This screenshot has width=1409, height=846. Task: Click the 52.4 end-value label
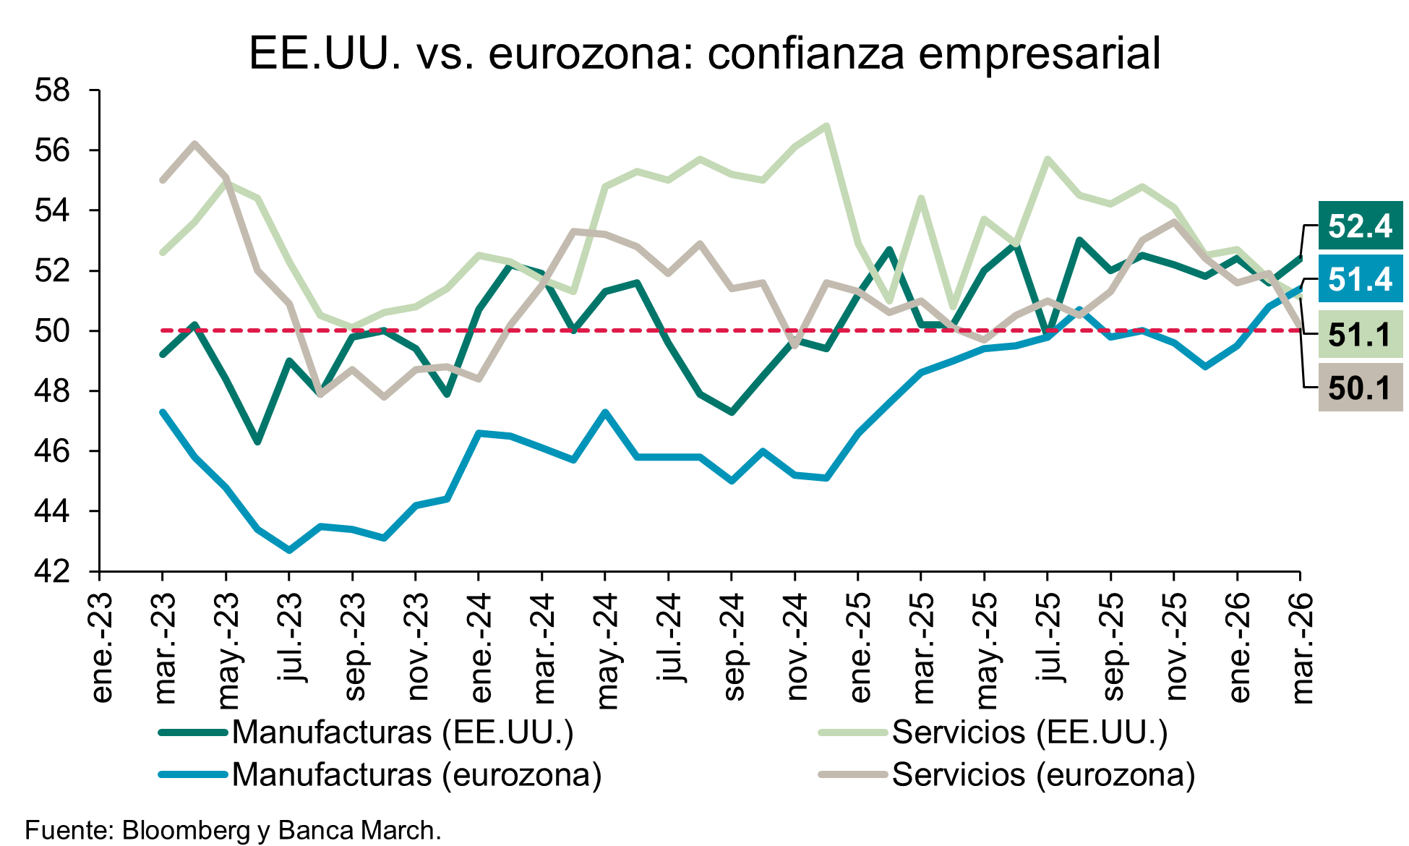tap(1360, 226)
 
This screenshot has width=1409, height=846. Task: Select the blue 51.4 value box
tap(1360, 279)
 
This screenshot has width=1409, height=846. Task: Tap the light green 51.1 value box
tap(1360, 335)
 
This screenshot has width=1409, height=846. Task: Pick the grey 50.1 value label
tap(1360, 388)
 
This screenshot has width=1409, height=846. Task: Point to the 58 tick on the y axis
tap(53, 91)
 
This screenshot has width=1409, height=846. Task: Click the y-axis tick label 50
tap(53, 331)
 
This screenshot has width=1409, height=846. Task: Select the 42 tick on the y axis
tap(53, 571)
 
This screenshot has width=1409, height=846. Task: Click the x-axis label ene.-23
tap(102, 648)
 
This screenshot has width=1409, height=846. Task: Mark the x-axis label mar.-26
tap(1302, 648)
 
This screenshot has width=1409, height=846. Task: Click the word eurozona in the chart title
tap(584, 54)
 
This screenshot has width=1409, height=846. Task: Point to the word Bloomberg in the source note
tap(185, 830)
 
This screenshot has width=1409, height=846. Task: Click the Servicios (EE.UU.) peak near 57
tap(826, 126)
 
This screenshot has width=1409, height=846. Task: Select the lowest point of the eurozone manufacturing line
tap(289, 550)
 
